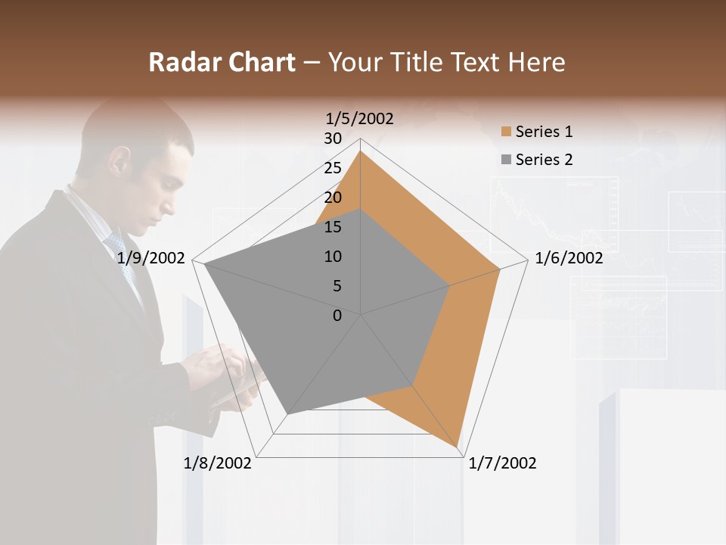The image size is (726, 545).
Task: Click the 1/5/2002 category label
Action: [x=359, y=118]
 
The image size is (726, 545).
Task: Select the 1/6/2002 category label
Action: [x=569, y=258]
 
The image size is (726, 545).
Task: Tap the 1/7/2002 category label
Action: [x=502, y=463]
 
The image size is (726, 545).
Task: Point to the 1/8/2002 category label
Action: [x=218, y=463]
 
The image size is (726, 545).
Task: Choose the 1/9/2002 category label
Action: [x=151, y=258]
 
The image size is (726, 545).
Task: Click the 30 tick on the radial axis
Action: [x=333, y=139]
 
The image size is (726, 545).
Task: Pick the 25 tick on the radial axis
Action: [x=333, y=168]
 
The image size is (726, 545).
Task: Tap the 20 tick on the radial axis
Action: [x=333, y=198]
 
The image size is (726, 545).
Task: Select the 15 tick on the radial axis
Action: [x=333, y=227]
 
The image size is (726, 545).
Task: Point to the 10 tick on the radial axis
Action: [x=333, y=257]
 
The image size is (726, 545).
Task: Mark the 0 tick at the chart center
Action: [x=337, y=316]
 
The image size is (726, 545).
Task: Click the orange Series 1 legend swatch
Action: [x=506, y=132]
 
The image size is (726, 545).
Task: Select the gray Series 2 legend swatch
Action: [x=506, y=160]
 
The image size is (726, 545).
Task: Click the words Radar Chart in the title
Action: [x=222, y=63]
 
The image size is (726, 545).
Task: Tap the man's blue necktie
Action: [x=121, y=257]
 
